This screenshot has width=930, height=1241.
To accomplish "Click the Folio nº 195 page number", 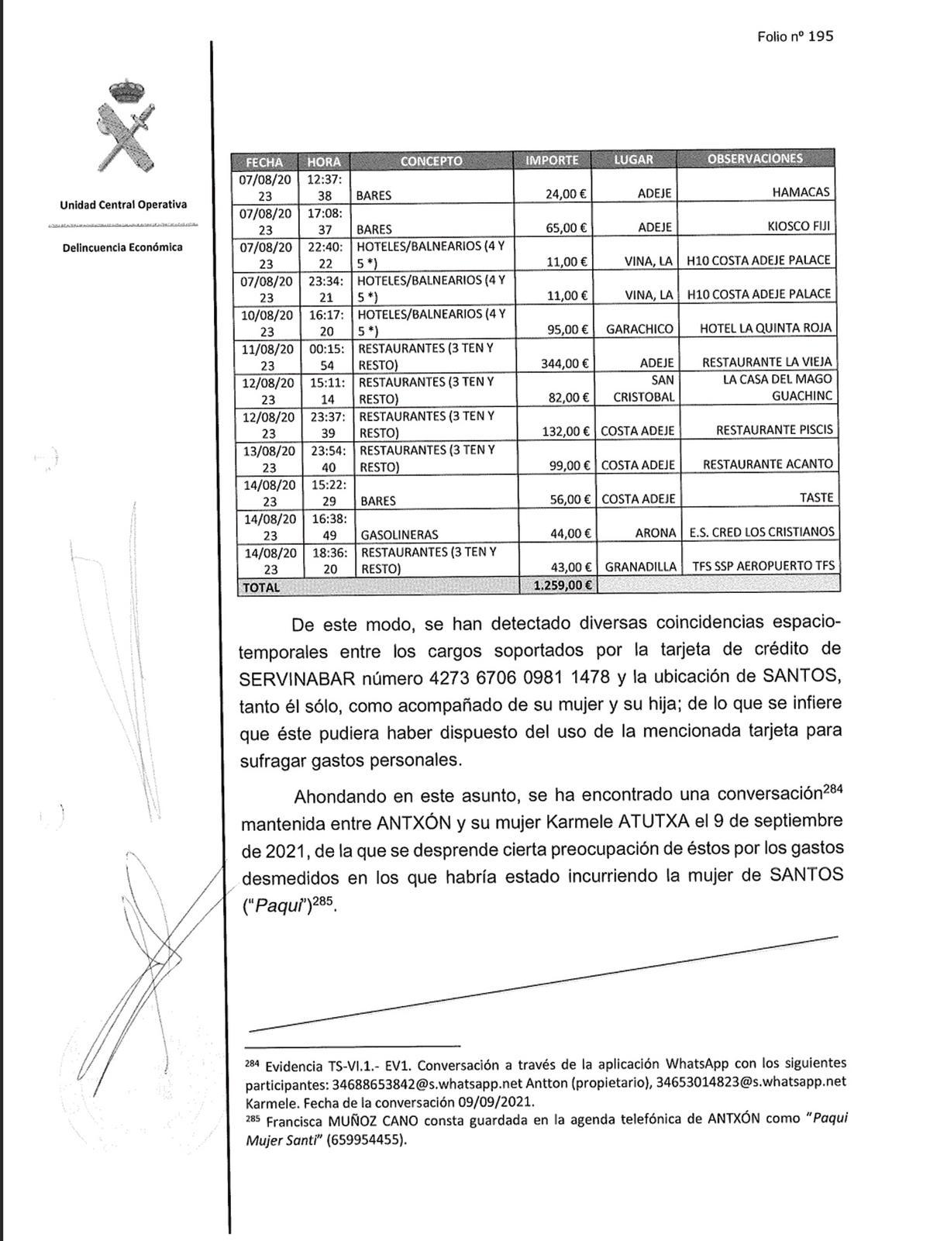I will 795,36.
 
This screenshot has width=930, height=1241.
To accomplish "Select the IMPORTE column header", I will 552,160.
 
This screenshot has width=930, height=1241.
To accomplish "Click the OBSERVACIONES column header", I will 755,159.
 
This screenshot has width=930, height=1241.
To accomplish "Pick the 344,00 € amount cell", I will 563,363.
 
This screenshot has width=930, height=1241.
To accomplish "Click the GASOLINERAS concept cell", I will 400,534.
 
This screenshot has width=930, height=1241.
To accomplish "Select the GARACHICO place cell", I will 639,329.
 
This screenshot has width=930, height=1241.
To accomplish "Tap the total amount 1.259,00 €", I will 563,585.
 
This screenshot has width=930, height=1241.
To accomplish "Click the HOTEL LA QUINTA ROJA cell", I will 765,328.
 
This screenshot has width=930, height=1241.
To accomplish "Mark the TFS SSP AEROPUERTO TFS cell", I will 763,566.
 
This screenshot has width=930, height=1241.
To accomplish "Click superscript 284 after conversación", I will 832,791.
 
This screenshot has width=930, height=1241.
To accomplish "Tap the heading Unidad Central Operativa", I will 123,205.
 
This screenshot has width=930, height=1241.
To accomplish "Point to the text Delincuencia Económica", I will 123,247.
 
